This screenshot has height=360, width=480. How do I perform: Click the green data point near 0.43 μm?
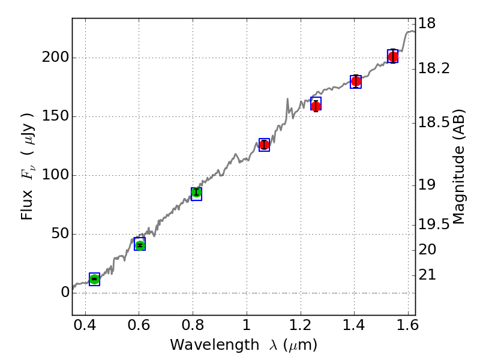tap(94, 279)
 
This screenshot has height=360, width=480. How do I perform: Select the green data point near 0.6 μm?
tap(140, 245)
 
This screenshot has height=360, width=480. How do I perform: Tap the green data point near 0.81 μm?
tap(196, 193)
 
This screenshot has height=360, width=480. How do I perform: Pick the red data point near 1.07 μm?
tap(264, 145)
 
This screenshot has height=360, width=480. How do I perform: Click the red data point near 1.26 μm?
tap(316, 106)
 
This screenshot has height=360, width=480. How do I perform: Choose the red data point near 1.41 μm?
tap(356, 81)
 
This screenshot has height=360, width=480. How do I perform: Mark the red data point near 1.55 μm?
tap(393, 57)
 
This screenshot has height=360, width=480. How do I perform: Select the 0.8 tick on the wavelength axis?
tap(193, 328)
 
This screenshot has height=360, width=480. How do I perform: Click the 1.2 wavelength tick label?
tap(300, 328)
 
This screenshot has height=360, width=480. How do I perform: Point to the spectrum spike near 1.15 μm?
tap(287, 99)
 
